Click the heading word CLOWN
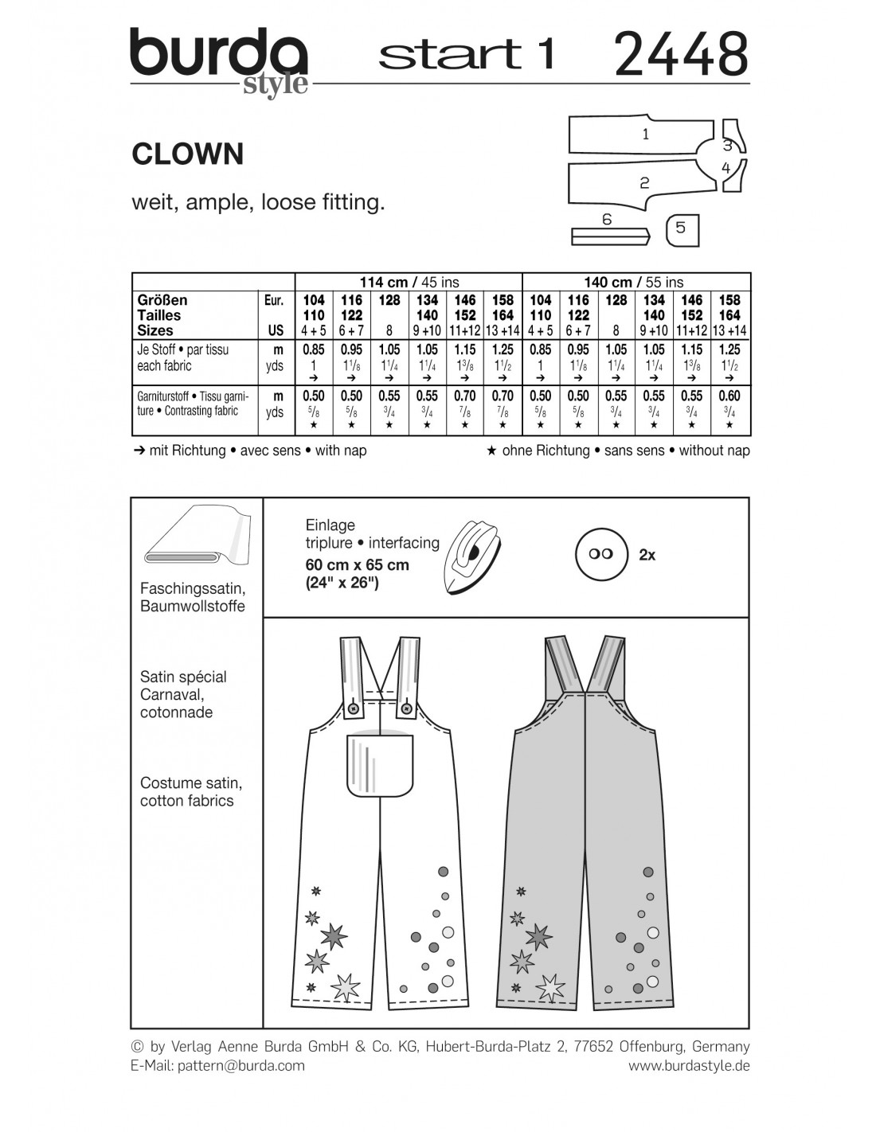(x=188, y=154)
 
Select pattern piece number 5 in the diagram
(x=681, y=228)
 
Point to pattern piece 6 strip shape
(x=609, y=236)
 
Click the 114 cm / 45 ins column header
(x=409, y=282)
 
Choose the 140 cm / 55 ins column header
(x=634, y=282)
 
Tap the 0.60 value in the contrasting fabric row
(x=729, y=396)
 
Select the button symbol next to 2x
(x=601, y=553)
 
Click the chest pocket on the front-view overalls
(x=380, y=763)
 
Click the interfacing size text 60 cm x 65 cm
(x=357, y=564)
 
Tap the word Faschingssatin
(x=192, y=588)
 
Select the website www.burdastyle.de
(x=689, y=1066)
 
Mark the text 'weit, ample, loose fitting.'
(x=258, y=202)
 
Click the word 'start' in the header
(x=449, y=54)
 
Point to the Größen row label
(x=162, y=300)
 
